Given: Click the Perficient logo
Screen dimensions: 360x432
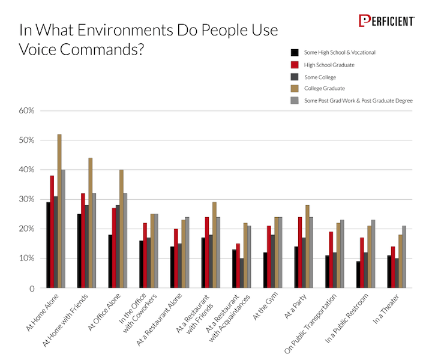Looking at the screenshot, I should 386,21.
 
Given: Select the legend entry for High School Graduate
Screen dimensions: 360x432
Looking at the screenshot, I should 329,65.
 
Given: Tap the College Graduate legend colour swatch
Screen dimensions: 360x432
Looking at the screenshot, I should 294,89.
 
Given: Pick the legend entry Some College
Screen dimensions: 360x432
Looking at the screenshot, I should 320,77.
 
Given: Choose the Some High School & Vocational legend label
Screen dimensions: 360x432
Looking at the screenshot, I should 340,53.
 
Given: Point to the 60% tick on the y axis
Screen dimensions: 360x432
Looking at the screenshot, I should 28,111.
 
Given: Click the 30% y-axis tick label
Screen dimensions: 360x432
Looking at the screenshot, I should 28,200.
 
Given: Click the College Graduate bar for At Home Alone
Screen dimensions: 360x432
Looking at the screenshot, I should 59,211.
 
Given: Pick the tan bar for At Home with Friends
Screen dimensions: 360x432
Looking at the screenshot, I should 91,223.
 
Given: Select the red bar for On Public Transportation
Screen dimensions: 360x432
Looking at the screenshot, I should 331,260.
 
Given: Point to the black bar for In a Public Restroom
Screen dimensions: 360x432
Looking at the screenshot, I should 358,275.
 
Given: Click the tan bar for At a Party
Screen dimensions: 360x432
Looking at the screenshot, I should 308,247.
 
